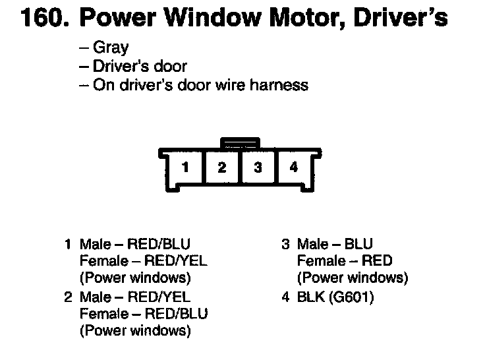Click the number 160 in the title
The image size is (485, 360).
click(43, 18)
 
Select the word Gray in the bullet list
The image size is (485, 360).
click(111, 48)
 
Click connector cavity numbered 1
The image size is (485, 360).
click(186, 167)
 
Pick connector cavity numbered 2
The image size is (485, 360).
click(222, 167)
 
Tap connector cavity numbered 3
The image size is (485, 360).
click(258, 167)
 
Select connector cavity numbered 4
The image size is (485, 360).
click(294, 167)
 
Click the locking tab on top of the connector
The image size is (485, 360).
click(241, 142)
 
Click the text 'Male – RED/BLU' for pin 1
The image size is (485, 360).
click(135, 245)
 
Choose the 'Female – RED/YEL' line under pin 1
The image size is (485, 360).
click(142, 260)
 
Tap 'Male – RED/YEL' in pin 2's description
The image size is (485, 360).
click(135, 297)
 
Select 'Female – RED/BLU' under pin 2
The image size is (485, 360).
click(142, 313)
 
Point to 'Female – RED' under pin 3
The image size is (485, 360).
click(345, 260)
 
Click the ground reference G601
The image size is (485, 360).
click(354, 297)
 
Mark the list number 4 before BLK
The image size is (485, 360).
click(285, 297)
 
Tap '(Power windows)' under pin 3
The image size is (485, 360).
click(353, 277)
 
